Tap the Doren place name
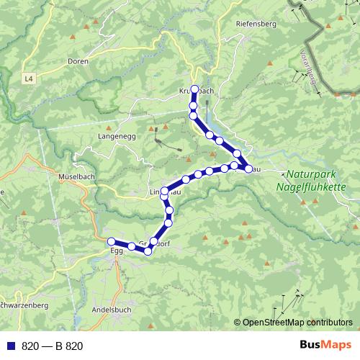pyautogui.click(x=77, y=62)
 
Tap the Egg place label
pyautogui.click(x=117, y=251)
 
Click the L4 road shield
pyautogui.click(x=28, y=77)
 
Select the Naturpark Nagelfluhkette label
pyautogui.click(x=315, y=180)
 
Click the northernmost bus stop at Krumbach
pyautogui.click(x=194, y=89)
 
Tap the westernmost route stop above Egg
pyautogui.click(x=111, y=241)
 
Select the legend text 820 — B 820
pyautogui.click(x=53, y=346)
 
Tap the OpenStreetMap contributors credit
pyautogui.click(x=297, y=323)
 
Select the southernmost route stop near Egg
pyautogui.click(x=147, y=251)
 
